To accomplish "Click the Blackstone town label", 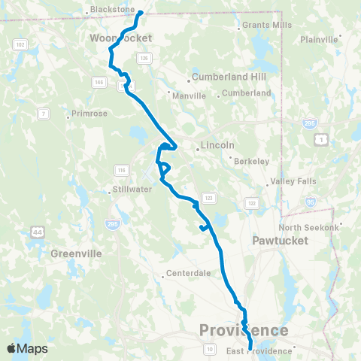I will pyautogui.click(x=111, y=10).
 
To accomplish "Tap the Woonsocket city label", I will pyautogui.click(x=120, y=38).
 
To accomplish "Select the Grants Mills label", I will pyautogui.click(x=265, y=25).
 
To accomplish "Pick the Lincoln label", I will pyautogui.click(x=219, y=145).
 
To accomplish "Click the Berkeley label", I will pyautogui.click(x=251, y=161).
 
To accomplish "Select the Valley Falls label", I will pyautogui.click(x=289, y=181).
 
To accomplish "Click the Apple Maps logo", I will pyautogui.click(x=27, y=347).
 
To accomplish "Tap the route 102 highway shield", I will pyautogui.click(x=20, y=46).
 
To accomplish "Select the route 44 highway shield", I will pyautogui.click(x=37, y=232).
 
